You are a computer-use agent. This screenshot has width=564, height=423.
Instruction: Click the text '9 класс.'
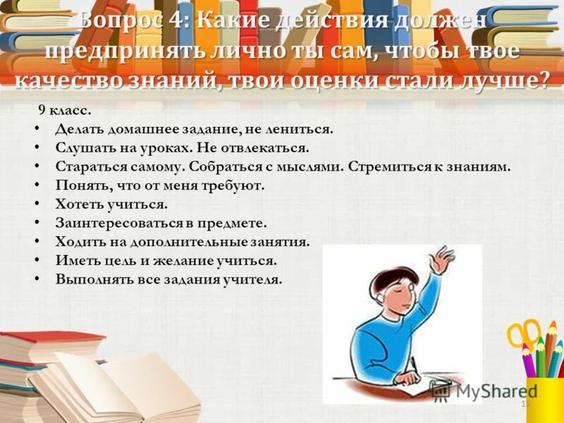click(65, 111)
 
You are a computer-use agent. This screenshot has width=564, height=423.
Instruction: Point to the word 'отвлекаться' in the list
click(270, 149)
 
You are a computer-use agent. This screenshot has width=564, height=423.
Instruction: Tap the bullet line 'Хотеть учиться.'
click(111, 204)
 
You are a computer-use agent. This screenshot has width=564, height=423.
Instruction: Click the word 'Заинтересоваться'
click(113, 223)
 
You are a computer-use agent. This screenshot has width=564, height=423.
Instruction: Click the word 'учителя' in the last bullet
click(256, 279)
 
